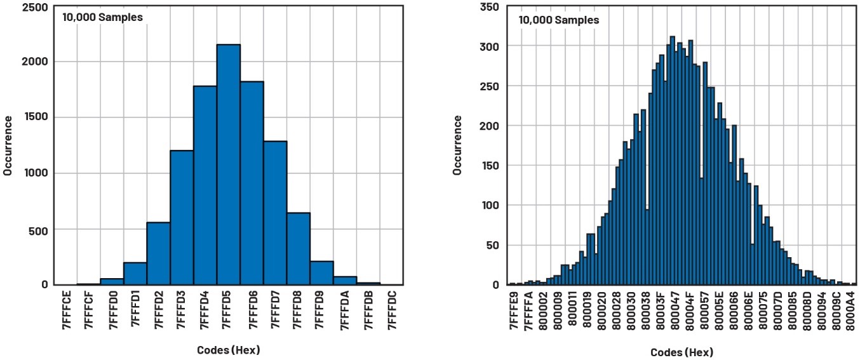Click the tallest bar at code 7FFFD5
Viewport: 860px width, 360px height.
(229, 165)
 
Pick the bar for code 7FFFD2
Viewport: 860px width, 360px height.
(158, 254)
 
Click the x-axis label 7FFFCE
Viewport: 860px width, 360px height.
(66, 310)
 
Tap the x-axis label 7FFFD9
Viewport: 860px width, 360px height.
(322, 310)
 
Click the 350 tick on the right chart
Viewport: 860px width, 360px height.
(490, 7)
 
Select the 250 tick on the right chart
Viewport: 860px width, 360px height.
(490, 86)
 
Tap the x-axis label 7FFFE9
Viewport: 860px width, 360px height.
(513, 312)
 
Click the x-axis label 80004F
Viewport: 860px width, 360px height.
(690, 312)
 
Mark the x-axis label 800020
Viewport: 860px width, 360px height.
(601, 312)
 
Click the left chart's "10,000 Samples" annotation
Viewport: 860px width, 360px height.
(102, 17)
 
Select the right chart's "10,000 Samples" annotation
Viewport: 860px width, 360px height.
(558, 20)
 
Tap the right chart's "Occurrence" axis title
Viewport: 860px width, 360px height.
(457, 145)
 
